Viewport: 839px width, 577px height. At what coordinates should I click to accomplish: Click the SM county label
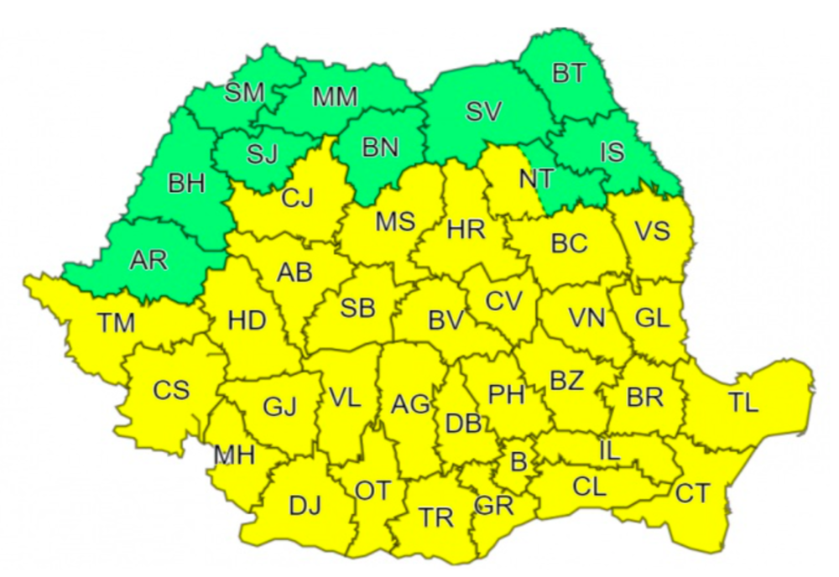(244, 92)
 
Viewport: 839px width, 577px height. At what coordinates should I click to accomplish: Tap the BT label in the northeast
(569, 74)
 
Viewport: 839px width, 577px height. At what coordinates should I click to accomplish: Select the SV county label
(484, 112)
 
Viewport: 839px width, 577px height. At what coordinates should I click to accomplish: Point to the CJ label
(297, 199)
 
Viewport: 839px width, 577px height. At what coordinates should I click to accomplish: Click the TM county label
(116, 322)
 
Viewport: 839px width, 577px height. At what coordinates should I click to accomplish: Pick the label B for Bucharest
(519, 461)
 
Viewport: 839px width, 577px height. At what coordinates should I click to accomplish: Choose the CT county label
(693, 494)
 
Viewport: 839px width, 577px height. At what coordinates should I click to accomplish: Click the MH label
(234, 455)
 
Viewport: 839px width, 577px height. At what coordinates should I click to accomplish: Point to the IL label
(609, 450)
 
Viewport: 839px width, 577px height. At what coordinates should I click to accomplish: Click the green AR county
(148, 260)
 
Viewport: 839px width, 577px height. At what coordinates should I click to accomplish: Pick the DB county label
(463, 424)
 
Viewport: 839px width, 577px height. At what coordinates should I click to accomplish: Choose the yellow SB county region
(357, 309)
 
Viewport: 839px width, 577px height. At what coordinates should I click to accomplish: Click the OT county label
(373, 491)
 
